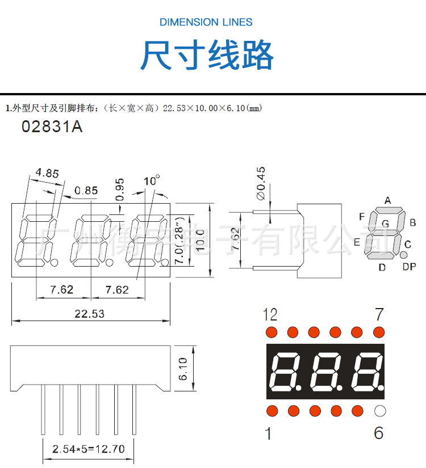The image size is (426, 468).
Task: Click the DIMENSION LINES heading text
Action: [206, 22]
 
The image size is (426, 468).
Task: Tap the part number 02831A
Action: [52, 127]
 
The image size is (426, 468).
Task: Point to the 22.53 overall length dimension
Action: [90, 313]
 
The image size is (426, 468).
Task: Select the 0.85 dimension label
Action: [86, 191]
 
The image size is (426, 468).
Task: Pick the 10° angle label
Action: [152, 181]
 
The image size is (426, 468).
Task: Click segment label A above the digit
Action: [388, 200]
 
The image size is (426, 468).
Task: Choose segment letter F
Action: [362, 217]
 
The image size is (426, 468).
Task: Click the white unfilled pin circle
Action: [379, 411]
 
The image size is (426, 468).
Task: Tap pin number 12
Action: [270, 314]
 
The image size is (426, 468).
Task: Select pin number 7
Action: [379, 314]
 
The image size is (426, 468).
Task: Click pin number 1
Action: [269, 434]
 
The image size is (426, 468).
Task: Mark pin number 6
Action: [379, 433]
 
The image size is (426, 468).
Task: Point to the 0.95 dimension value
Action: [119, 189]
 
